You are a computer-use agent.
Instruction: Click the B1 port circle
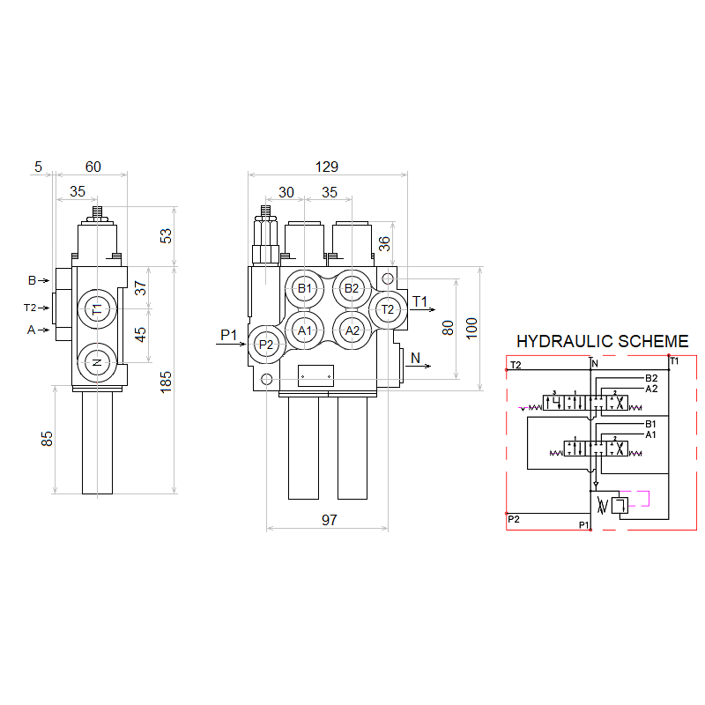(305, 288)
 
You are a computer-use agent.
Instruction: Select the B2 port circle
(352, 288)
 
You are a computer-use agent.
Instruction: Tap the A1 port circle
(305, 330)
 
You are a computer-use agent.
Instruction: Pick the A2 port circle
(352, 330)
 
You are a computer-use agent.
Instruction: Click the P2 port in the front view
(266, 345)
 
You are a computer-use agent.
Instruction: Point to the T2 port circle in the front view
(388, 309)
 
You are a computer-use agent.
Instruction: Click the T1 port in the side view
(97, 309)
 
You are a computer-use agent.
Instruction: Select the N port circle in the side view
(97, 362)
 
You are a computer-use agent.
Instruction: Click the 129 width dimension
(326, 167)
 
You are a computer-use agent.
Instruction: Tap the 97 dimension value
(329, 521)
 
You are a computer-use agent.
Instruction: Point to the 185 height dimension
(167, 381)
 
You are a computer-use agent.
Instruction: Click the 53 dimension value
(167, 235)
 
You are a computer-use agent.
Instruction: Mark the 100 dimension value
(471, 328)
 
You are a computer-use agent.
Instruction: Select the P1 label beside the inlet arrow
(229, 335)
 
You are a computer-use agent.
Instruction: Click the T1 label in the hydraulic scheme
(674, 361)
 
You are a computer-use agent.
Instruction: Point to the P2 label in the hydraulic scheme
(515, 519)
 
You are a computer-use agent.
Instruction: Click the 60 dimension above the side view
(93, 167)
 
